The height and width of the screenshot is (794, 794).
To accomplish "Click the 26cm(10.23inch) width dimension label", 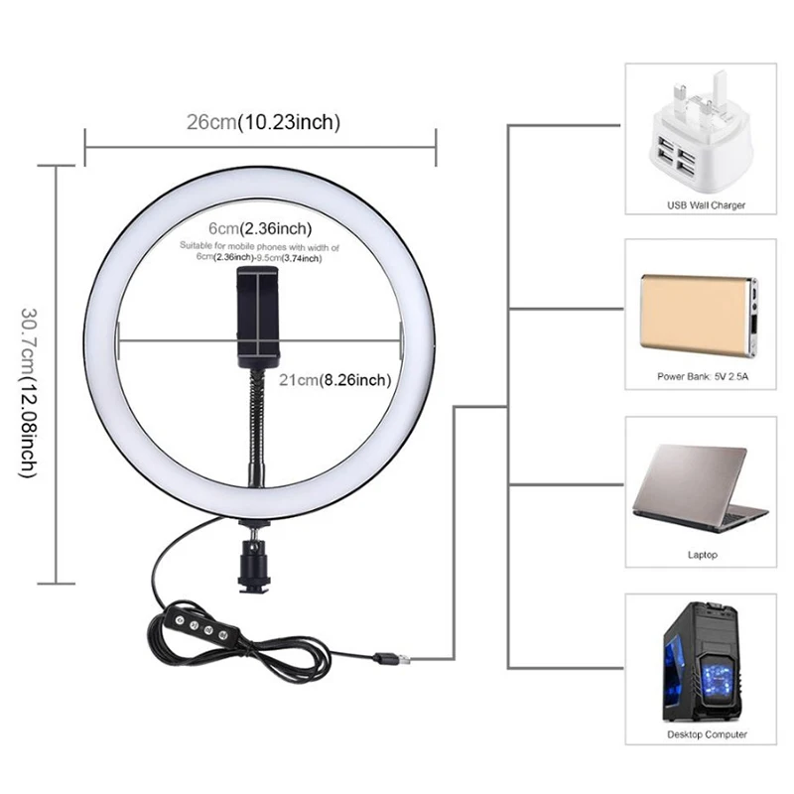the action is point(263,123).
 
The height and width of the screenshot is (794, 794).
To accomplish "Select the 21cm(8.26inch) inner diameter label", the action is point(335,379).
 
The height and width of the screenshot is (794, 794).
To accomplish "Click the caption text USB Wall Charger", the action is point(706,205).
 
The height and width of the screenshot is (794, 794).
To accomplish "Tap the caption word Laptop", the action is point(702,555).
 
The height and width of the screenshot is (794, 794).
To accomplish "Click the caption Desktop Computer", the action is point(706,735).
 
